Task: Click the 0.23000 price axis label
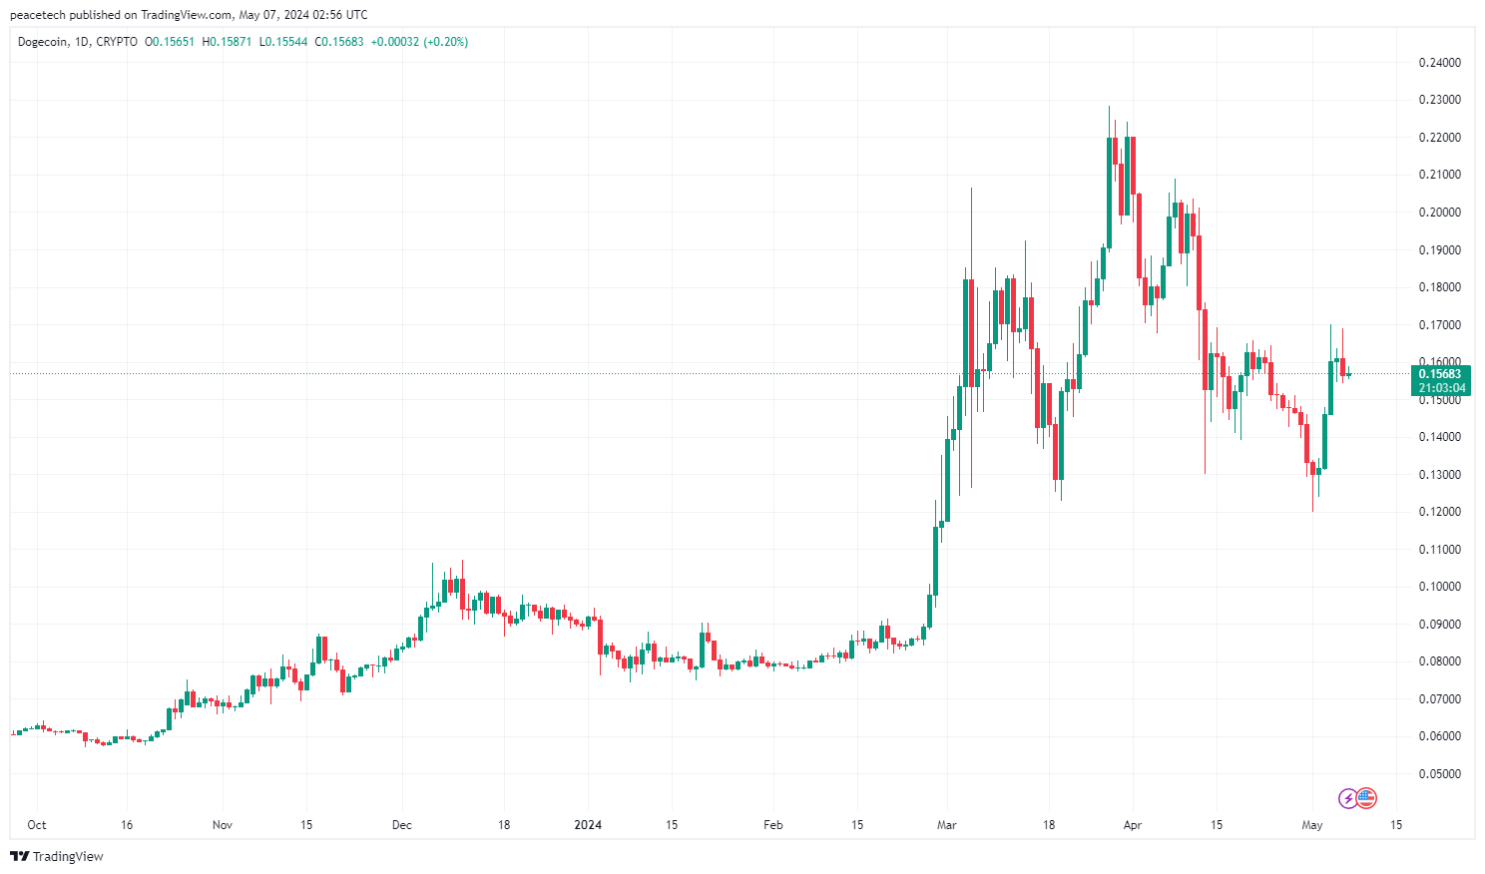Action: pos(1439,100)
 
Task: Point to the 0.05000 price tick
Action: pos(1439,774)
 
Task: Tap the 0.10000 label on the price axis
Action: pos(1439,587)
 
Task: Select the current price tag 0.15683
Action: pos(1439,374)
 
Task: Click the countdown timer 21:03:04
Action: pos(1439,388)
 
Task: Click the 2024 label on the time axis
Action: pos(589,825)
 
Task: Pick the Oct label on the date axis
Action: pos(37,825)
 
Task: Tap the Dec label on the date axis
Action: pos(401,825)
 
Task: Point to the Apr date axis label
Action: pos(1132,825)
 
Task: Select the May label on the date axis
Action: pos(1312,825)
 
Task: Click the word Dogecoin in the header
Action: pos(43,42)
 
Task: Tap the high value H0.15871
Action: pos(227,42)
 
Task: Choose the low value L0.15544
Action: pos(283,42)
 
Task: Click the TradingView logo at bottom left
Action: pos(57,856)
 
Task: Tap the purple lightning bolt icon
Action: pos(1348,797)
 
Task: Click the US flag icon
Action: pos(1366,797)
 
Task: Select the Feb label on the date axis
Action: pos(772,825)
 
